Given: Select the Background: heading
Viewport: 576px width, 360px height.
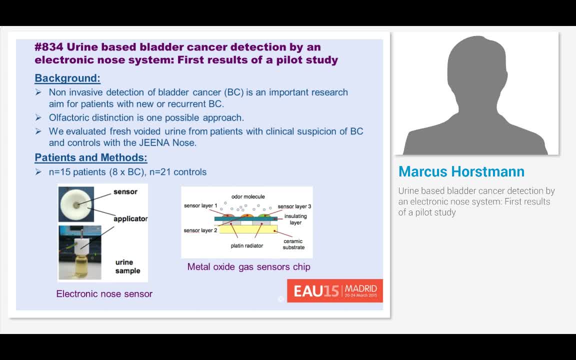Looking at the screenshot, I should [x=67, y=78].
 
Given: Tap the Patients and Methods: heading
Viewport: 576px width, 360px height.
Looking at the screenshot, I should [x=90, y=158].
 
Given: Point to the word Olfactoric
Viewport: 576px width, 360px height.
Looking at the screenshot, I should [x=71, y=118].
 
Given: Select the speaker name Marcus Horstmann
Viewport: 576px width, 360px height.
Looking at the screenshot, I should [x=461, y=171].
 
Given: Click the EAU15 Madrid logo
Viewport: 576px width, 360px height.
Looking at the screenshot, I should [x=334, y=290].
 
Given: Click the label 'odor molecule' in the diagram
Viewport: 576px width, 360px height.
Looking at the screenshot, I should [x=248, y=196].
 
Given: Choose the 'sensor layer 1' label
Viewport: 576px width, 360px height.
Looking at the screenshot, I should [x=200, y=206].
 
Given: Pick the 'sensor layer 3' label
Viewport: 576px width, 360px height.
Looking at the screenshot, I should [x=294, y=206].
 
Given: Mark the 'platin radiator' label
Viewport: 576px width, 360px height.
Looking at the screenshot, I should [x=246, y=245].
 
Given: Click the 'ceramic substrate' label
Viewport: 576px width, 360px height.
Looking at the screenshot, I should [x=293, y=244].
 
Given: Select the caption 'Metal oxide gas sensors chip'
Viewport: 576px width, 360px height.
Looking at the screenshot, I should [x=248, y=267].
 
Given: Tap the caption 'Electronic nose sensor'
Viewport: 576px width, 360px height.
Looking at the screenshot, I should [x=104, y=294].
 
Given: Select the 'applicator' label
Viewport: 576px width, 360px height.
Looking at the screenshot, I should [x=130, y=219].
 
